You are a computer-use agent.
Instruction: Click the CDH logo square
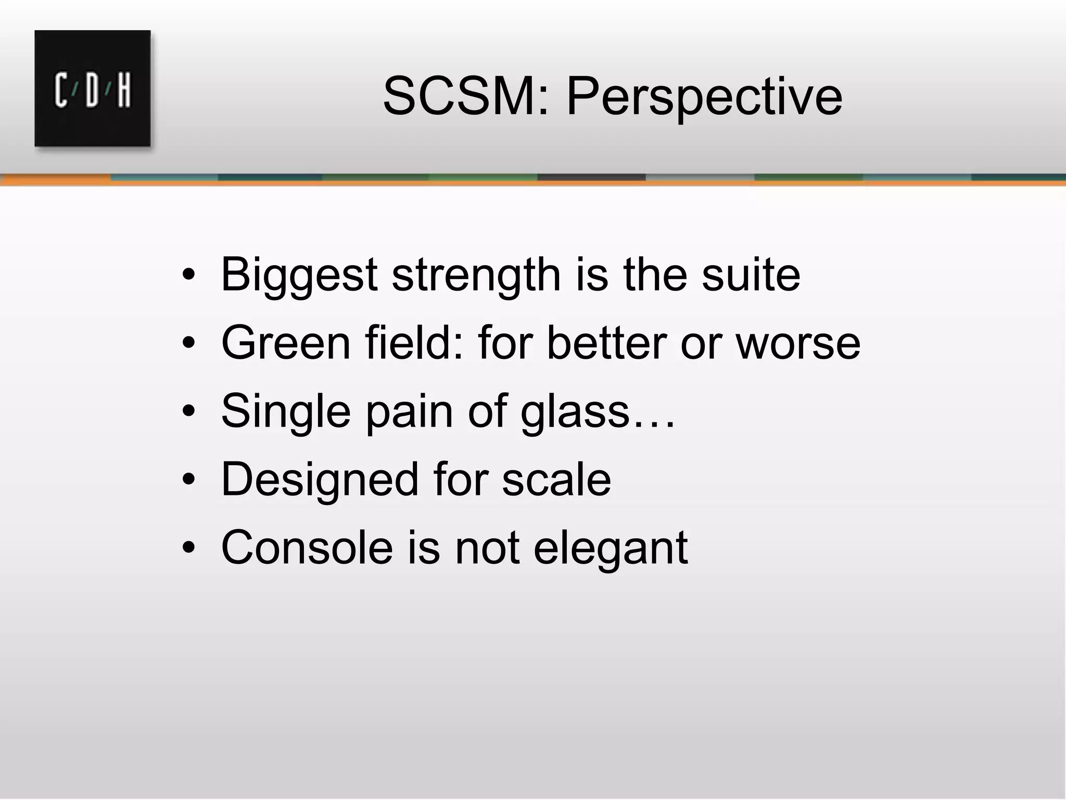[x=93, y=88]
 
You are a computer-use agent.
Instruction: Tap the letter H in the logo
[x=124, y=91]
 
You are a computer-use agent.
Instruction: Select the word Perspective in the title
[x=704, y=97]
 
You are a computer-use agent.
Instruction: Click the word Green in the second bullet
[x=286, y=343]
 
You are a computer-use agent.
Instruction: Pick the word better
[x=607, y=343]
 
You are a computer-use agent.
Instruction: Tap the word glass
[x=575, y=412]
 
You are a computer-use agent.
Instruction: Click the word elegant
[x=610, y=548]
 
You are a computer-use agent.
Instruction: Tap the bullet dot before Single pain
[x=188, y=412]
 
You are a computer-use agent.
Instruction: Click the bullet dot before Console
[x=188, y=548]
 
